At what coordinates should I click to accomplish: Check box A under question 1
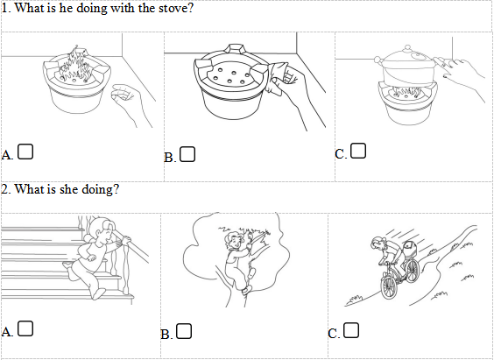(25, 152)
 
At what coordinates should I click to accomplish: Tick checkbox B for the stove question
(187, 154)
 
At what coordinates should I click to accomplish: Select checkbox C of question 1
(358, 151)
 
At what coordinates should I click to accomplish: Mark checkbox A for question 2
(25, 328)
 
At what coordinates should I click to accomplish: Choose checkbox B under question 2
(184, 331)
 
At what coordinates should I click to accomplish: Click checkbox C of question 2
(351, 330)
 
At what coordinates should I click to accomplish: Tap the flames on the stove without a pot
(74, 66)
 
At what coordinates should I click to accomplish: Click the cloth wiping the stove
(279, 76)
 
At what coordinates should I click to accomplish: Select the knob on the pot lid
(407, 48)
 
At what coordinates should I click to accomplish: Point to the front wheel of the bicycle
(389, 287)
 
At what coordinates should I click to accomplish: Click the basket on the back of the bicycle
(411, 249)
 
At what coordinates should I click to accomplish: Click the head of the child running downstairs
(104, 232)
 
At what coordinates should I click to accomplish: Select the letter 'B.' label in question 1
(170, 157)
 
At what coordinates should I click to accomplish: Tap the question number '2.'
(6, 189)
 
